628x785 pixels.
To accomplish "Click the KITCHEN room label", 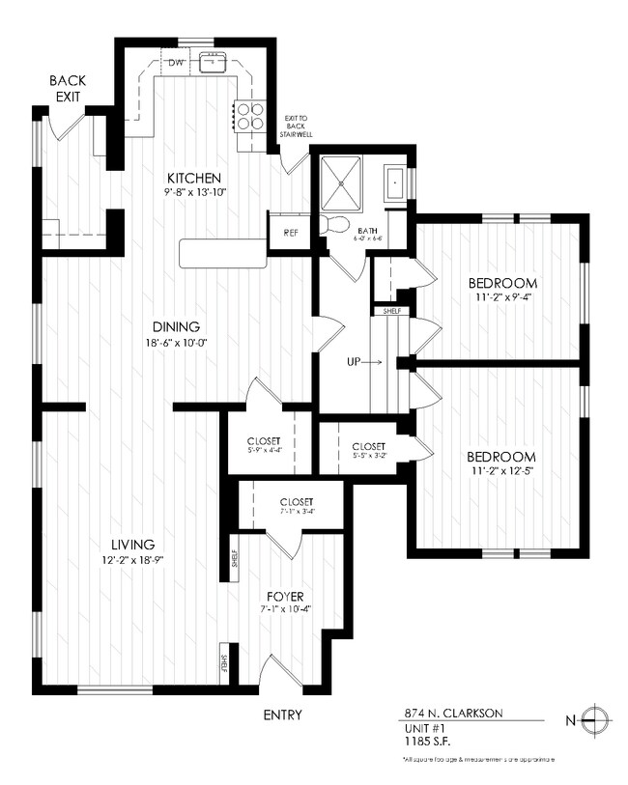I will pyautogui.click(x=195, y=179).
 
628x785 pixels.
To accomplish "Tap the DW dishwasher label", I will pyautogui.click(x=176, y=64).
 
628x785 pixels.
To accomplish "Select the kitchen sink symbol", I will pyautogui.click(x=214, y=64).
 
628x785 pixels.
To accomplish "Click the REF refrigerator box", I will pyautogui.click(x=291, y=233).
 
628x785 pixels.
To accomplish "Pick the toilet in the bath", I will pyautogui.click(x=335, y=224).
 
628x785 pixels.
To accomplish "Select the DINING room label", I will pyautogui.click(x=175, y=326).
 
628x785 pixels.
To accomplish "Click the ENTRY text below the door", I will pyautogui.click(x=282, y=715).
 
